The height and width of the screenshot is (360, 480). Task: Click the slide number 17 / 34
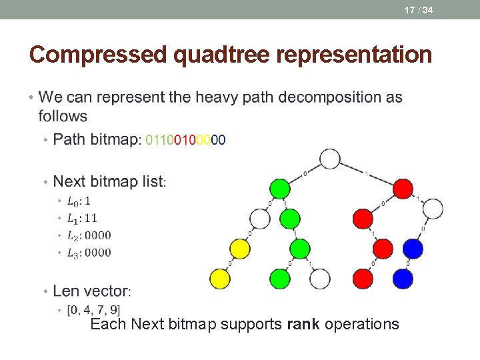tap(419, 9)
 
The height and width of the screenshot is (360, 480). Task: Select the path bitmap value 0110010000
tap(185, 140)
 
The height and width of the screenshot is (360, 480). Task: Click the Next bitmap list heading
tap(109, 181)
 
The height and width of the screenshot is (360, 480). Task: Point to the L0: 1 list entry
tap(79, 201)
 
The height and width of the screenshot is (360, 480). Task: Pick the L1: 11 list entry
tap(82, 218)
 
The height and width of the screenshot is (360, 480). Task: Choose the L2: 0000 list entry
tap(89, 235)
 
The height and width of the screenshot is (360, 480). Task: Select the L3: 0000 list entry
tap(89, 253)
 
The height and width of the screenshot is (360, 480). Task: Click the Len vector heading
tap(92, 291)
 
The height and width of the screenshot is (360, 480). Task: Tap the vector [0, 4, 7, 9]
tap(93, 310)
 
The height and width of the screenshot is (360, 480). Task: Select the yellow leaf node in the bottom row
tap(220, 279)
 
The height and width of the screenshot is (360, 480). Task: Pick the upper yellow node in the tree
tap(240, 249)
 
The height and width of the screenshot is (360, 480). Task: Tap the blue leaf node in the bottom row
tap(403, 279)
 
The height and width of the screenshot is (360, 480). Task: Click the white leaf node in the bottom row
tap(320, 279)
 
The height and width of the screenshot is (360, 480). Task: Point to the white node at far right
tap(433, 209)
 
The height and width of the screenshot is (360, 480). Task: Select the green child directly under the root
tap(280, 189)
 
